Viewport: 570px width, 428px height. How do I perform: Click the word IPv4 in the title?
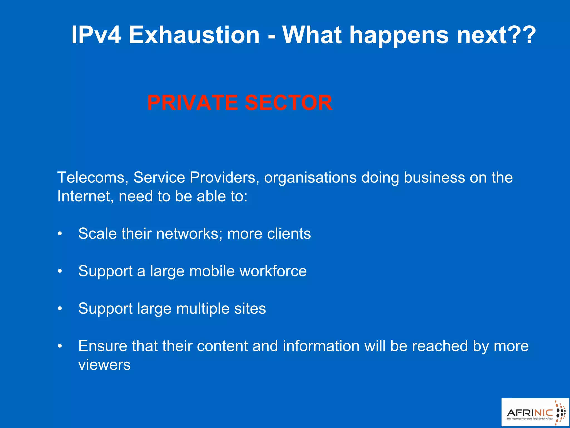click(96, 35)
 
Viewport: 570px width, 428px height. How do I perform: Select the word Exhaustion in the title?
click(194, 35)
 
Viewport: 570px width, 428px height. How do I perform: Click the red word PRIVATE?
click(192, 103)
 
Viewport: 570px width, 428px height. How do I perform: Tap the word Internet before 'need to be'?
click(85, 196)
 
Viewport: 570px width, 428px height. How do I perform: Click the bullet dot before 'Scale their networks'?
click(60, 234)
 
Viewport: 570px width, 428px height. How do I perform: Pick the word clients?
click(289, 234)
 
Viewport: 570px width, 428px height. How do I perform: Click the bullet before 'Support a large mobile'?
click(60, 271)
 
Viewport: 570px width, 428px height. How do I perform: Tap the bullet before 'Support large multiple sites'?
click(60, 309)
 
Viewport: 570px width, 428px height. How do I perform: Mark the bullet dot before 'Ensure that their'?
click(60, 346)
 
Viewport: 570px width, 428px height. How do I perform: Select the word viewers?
click(104, 365)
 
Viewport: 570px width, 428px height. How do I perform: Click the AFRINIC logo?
click(535, 412)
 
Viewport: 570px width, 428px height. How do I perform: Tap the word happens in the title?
click(399, 35)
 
